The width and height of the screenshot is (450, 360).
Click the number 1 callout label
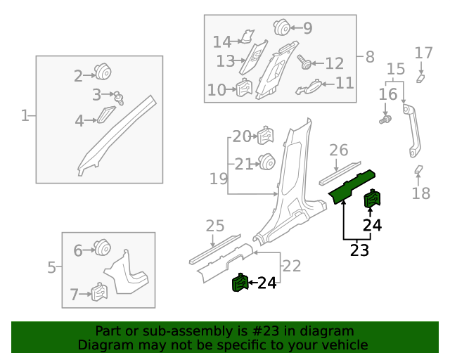[25, 115]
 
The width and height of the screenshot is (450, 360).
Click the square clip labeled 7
[99, 291]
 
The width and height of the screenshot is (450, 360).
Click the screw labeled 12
[307, 63]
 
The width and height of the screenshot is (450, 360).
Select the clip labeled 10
[243, 89]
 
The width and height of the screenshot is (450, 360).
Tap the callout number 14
[221, 42]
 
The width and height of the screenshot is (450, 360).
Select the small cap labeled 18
[418, 169]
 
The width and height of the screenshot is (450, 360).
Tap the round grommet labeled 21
[266, 162]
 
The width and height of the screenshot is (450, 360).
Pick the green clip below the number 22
[240, 283]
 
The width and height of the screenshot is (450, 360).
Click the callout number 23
[359, 250]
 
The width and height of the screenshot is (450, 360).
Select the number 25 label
[214, 226]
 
